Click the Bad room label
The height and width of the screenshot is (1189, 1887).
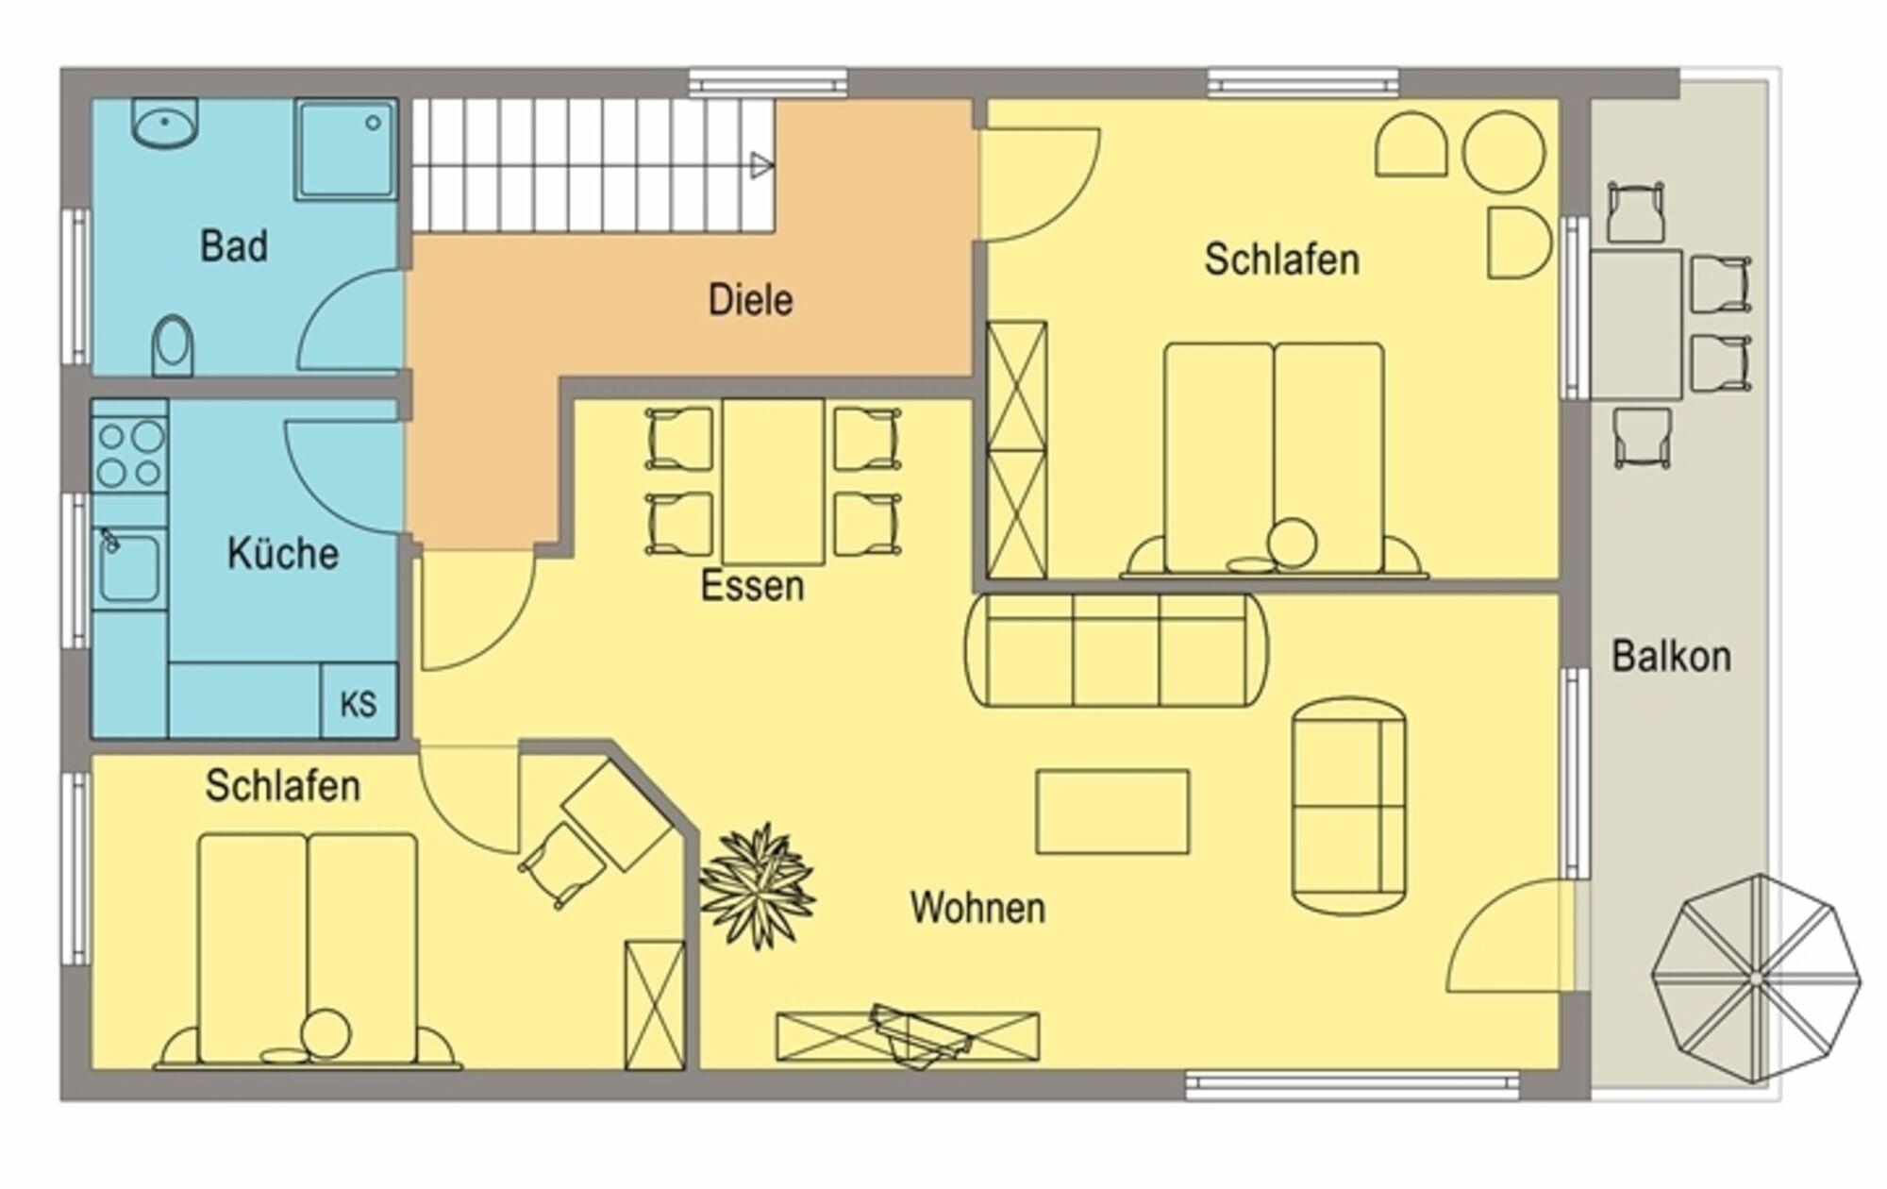coord(234,246)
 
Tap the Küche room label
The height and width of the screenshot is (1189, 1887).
coord(283,553)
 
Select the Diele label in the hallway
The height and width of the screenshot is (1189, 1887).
coord(750,300)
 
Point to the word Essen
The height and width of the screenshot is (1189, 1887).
coord(752,586)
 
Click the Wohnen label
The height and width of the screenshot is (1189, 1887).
coord(977,908)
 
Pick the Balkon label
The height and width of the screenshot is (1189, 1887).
coord(1671,657)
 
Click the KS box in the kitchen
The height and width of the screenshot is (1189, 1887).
coord(359,701)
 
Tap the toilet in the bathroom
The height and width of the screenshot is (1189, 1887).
coord(172,345)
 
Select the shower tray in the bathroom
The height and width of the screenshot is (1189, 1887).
coord(345,149)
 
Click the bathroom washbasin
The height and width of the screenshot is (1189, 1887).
coord(164,122)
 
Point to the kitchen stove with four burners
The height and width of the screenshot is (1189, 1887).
coord(130,454)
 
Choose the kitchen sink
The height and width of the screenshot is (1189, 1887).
coord(129,567)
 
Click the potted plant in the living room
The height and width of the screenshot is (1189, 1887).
coord(758,884)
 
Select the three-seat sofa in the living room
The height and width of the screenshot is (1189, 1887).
coord(1115,650)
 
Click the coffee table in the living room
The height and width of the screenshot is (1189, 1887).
coord(1112,812)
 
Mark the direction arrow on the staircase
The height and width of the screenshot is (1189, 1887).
coord(761,166)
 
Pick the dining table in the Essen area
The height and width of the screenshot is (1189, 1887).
coord(774,482)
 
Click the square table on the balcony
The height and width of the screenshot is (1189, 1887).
coord(1636,324)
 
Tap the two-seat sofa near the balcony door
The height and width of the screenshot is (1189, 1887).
coord(1349,806)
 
